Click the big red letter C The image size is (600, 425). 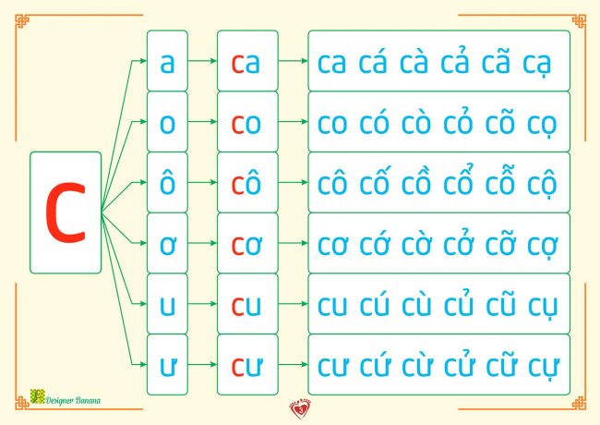[65, 212]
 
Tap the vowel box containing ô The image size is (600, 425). [167, 182]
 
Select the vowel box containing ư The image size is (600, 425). [167, 364]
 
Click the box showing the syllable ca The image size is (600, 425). [246, 62]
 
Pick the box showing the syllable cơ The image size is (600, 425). [246, 243]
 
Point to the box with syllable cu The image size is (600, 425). [246, 304]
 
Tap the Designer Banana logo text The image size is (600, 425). [75, 400]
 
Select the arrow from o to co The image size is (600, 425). [201, 122]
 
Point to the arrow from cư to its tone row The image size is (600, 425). [293, 364]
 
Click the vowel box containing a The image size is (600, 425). [167, 62]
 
